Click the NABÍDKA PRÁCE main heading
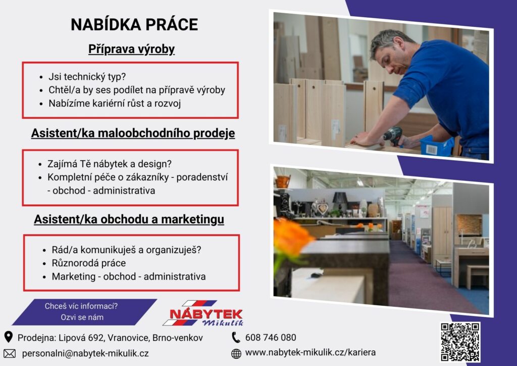click(x=134, y=24)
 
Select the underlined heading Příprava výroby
click(x=131, y=49)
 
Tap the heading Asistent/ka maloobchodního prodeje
click(x=133, y=133)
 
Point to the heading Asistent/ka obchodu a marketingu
click(x=129, y=219)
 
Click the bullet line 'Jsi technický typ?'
click(x=87, y=76)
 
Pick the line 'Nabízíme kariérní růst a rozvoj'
click(x=115, y=103)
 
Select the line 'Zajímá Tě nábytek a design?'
click(x=110, y=164)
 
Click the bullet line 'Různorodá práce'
click(x=89, y=263)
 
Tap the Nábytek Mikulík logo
click(x=203, y=313)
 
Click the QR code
click(x=460, y=342)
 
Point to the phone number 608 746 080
click(x=271, y=337)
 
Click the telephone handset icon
click(x=236, y=337)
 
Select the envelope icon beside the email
click(x=10, y=353)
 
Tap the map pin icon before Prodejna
click(x=9, y=337)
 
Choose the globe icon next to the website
click(x=236, y=353)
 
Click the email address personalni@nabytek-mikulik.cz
click(x=85, y=353)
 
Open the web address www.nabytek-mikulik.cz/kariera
click(x=311, y=352)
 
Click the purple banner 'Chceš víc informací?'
click(x=84, y=312)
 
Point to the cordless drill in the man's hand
click(x=393, y=135)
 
